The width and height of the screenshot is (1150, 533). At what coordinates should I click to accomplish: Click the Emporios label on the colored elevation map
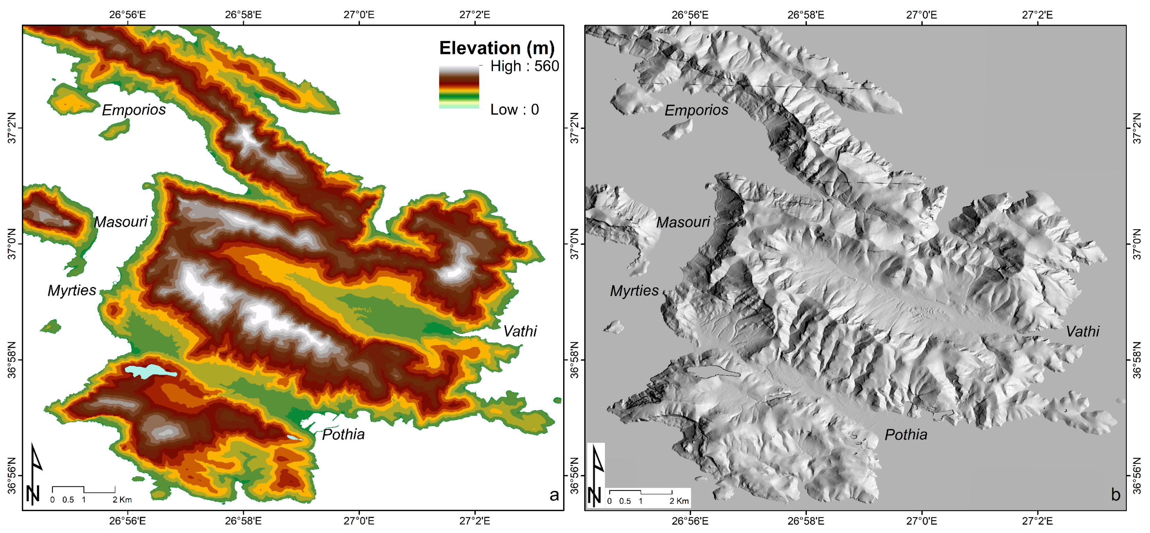coord(134,110)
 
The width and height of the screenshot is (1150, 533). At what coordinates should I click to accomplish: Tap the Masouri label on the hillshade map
coord(683,222)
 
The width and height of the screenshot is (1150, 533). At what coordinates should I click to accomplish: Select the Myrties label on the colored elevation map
coord(72,291)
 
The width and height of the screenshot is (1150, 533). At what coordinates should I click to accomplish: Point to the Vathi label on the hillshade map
coord(1082,331)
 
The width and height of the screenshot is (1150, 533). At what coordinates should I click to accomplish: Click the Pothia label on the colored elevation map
coord(343,434)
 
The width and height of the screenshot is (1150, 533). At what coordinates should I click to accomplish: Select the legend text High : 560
coord(524,66)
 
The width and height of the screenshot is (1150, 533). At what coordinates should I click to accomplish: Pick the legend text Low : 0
coord(514,109)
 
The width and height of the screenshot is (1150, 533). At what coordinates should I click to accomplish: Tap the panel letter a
coord(554,495)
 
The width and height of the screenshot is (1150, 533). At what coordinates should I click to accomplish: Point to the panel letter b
coord(1116,495)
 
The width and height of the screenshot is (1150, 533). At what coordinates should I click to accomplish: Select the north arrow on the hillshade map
coord(596,475)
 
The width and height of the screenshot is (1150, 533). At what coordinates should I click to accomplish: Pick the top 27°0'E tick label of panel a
coord(359,15)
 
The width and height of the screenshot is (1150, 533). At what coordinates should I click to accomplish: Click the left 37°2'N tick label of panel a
coord(11,128)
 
